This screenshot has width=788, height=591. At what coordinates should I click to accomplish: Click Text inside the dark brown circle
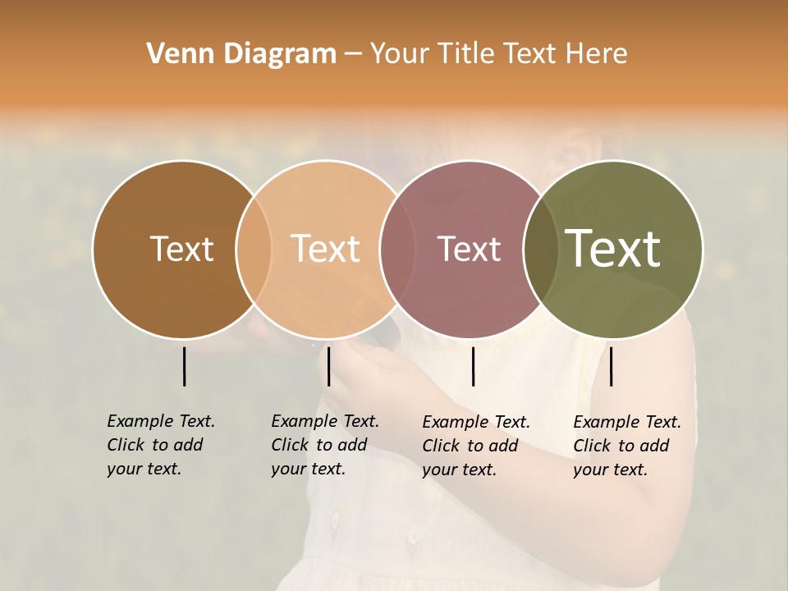click(x=181, y=249)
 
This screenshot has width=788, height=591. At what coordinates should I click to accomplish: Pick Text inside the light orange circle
click(x=325, y=249)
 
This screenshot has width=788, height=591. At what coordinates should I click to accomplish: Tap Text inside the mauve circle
click(x=469, y=249)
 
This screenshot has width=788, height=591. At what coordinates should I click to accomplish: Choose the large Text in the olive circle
click(x=613, y=249)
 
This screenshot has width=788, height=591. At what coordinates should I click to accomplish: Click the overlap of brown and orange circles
click(x=254, y=249)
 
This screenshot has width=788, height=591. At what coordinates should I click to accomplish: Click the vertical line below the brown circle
click(x=184, y=366)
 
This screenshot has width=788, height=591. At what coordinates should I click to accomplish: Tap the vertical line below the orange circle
click(x=328, y=366)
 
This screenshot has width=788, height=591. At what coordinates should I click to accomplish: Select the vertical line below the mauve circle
click(x=473, y=366)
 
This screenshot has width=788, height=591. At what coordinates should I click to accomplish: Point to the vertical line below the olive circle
click(x=611, y=366)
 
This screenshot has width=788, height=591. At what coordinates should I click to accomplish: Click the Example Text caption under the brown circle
click(x=161, y=445)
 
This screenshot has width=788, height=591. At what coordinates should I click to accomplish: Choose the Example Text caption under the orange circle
click(x=325, y=445)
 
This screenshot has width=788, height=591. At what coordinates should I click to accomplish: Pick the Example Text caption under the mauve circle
click(x=476, y=446)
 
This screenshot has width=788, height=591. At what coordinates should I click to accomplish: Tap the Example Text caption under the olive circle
click(x=627, y=446)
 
